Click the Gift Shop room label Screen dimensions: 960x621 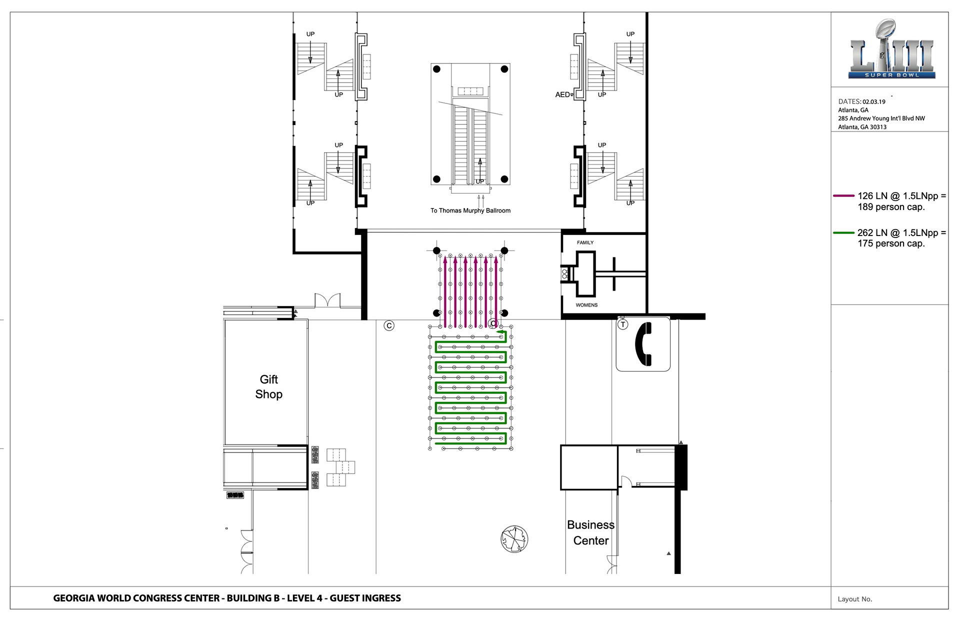269,387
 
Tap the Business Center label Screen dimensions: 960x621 590,532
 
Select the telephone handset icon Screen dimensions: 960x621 643,344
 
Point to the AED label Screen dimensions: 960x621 562,94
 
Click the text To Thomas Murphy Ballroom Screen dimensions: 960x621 470,210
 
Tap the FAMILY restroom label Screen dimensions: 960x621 585,242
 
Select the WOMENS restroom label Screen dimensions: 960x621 586,305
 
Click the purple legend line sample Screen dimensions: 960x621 843,196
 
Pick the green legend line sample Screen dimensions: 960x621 843,232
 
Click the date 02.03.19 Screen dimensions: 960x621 874,101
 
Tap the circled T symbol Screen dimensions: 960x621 622,324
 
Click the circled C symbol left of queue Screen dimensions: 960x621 389,325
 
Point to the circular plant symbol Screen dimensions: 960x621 514,539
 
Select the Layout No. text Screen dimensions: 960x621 855,599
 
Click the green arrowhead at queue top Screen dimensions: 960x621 499,331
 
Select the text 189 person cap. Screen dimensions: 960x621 891,207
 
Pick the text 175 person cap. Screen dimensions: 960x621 891,243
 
